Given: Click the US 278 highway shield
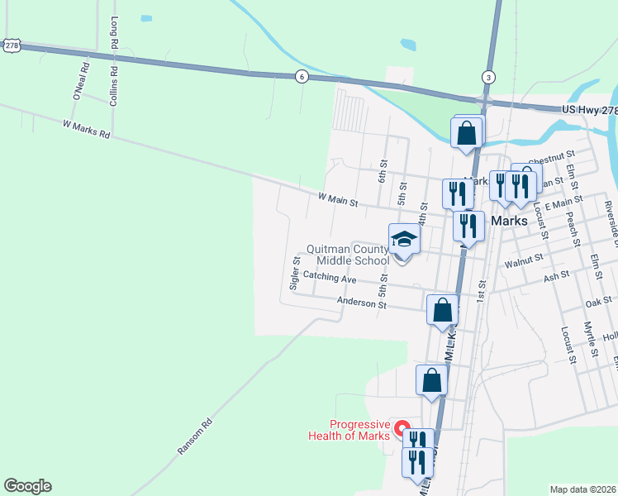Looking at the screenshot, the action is coord(11,46).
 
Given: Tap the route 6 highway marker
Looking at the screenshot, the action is coord(302,77).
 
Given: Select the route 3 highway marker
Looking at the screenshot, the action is coord(488,77).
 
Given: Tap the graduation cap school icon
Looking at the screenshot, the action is coord(404,239).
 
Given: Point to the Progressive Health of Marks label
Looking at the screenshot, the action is coord(349,430).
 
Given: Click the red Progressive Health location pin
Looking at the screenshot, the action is coord(402,429).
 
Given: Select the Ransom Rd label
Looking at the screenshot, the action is coord(195,436).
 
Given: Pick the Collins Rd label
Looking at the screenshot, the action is coord(114,85).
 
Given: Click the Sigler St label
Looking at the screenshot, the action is coord(294,272).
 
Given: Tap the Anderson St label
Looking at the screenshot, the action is coord(361,303).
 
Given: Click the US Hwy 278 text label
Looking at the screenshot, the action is coord(589,110).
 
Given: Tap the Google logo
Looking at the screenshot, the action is coord(27,486).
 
